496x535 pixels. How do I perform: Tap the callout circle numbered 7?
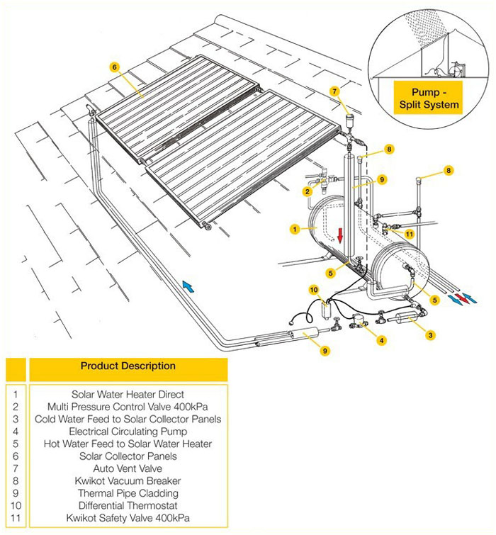[335, 91]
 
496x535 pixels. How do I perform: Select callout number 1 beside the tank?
[294, 229]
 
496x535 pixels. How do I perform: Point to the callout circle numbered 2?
[307, 191]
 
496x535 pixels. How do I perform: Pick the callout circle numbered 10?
[314, 289]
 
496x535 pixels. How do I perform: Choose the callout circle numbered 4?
[382, 340]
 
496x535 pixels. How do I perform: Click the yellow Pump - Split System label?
[427, 98]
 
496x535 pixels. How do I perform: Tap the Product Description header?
[128, 366]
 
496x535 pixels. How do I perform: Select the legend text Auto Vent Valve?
[128, 468]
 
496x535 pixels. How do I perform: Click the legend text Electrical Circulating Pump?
[128, 431]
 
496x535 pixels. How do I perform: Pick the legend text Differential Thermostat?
[128, 506]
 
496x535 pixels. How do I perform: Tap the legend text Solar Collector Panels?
[128, 456]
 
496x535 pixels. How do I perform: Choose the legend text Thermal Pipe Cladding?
[128, 494]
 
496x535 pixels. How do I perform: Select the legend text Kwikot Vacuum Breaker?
[128, 481]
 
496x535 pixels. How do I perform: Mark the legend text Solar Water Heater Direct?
[128, 394]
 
